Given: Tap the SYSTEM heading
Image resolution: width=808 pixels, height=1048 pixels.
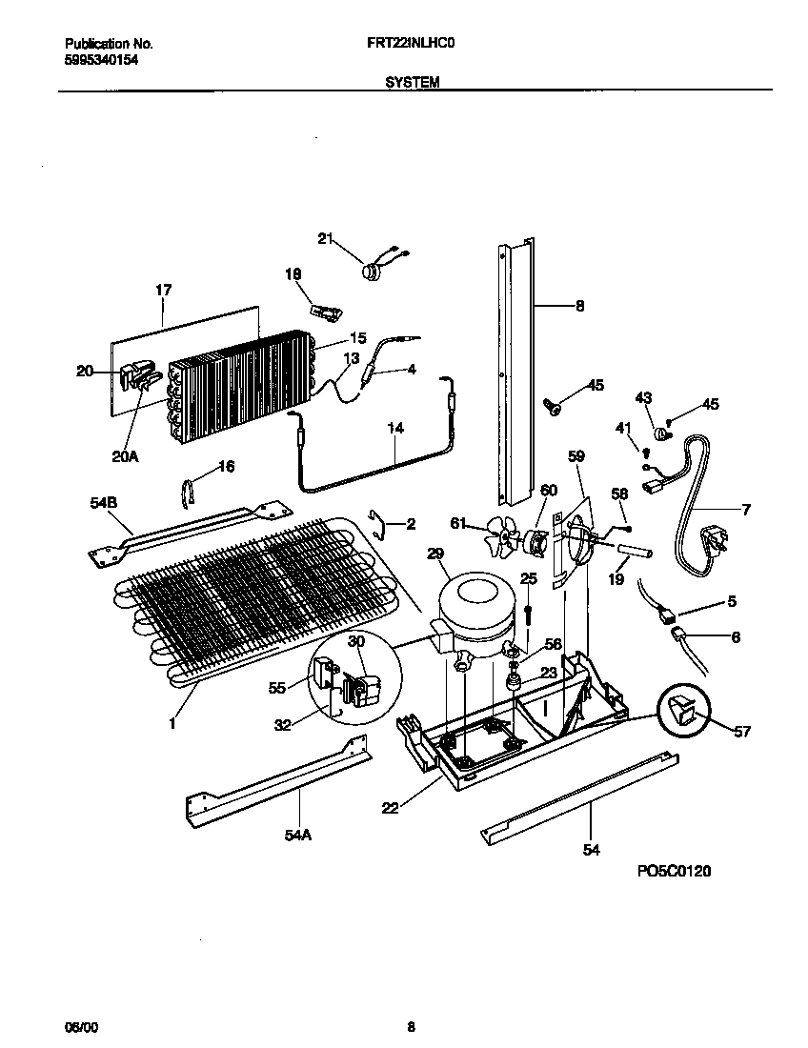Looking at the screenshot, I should point(412,83).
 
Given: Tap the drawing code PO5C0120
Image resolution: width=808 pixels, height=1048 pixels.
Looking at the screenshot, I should point(675,871).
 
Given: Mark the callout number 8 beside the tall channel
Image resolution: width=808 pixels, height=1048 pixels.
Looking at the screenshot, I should point(579,306).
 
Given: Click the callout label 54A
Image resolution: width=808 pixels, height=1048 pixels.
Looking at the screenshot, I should point(298,835).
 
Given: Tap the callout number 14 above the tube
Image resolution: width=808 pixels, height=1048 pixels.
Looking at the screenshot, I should point(395,428).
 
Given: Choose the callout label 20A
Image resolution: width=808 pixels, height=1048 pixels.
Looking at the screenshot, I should point(124,456).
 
